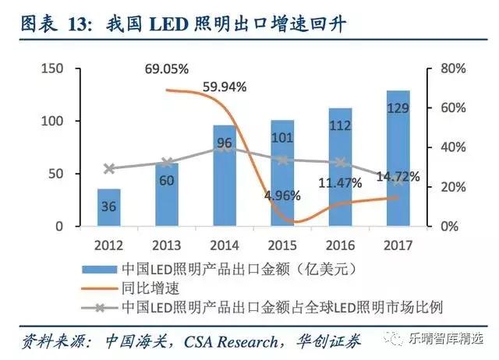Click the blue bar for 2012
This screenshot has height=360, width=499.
pyautogui.click(x=109, y=207)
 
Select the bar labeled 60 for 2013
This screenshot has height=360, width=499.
pyautogui.click(x=166, y=195)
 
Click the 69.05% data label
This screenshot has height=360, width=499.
pyautogui.click(x=167, y=69)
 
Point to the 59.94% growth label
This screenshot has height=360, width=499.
pyautogui.click(x=225, y=86)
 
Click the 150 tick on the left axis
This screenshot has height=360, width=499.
pyautogui.click(x=51, y=69)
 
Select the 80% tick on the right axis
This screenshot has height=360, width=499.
pyautogui.click(x=451, y=69)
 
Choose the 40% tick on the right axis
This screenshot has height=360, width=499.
pyautogui.click(x=451, y=147)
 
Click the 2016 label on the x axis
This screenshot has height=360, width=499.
pyautogui.click(x=340, y=244)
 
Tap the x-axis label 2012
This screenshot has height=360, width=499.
pyautogui.click(x=109, y=244)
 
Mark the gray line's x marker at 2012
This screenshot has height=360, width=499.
pyautogui.click(x=109, y=168)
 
